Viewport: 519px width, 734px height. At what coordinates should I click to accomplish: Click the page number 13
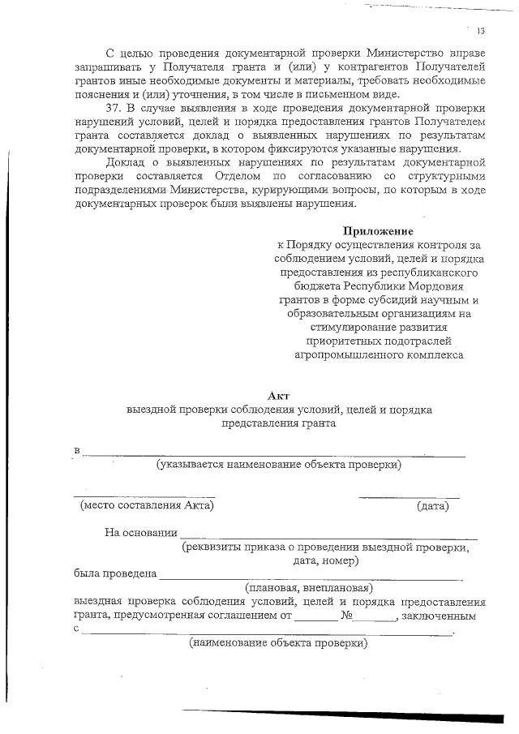click(481, 31)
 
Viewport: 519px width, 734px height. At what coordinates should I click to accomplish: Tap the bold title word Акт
click(279, 395)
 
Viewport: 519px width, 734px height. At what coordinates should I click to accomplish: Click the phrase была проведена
click(114, 573)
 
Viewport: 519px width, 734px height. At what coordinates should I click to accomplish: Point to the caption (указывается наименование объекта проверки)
click(279, 465)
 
